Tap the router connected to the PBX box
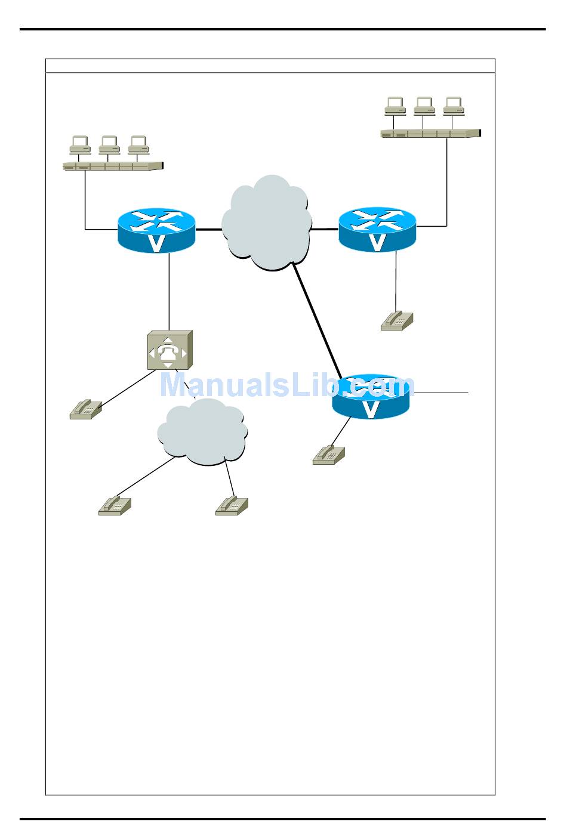(156, 230)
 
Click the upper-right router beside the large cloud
(377, 230)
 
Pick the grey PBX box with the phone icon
(170, 350)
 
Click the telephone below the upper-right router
(397, 320)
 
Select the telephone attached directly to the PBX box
(85, 409)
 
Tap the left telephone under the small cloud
(114, 506)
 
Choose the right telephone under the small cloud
(232, 505)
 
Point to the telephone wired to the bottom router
(329, 455)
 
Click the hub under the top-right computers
(430, 133)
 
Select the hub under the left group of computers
(113, 166)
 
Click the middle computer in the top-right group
(424, 106)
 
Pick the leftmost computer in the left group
(80, 144)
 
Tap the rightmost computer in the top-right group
(454, 106)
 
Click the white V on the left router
(156, 243)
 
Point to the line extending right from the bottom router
(442, 393)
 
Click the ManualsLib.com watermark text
(286, 385)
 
